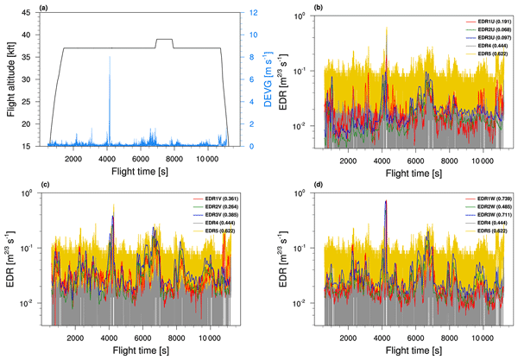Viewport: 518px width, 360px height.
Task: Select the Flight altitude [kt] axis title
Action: [11, 81]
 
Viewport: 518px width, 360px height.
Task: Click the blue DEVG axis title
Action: [252, 81]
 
